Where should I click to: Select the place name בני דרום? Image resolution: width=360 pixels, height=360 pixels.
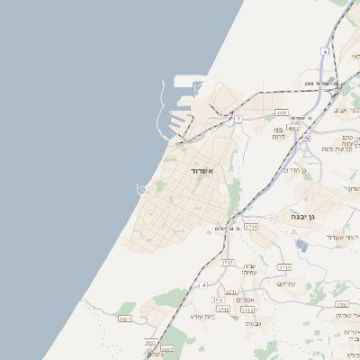(278, 133)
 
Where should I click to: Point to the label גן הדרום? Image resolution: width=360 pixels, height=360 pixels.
(294, 170)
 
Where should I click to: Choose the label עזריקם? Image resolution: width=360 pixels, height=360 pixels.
(286, 284)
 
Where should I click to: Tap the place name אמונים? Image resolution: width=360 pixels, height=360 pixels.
(245, 300)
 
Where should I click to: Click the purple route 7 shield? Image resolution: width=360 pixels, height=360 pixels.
(238, 119)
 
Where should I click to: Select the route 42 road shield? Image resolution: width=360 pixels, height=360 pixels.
(307, 137)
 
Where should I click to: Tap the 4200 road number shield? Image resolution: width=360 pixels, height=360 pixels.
(282, 112)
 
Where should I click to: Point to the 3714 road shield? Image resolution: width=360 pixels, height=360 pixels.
(250, 227)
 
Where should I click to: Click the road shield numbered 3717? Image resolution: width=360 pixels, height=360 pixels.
(228, 262)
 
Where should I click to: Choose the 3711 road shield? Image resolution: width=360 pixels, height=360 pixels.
(284, 267)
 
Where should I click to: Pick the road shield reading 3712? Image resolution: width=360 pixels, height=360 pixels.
(247, 310)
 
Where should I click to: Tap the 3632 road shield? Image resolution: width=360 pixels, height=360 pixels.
(166, 348)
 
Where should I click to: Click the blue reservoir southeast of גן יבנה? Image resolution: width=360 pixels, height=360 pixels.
(301, 244)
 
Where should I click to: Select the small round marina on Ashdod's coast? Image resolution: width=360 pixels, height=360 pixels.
(141, 189)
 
